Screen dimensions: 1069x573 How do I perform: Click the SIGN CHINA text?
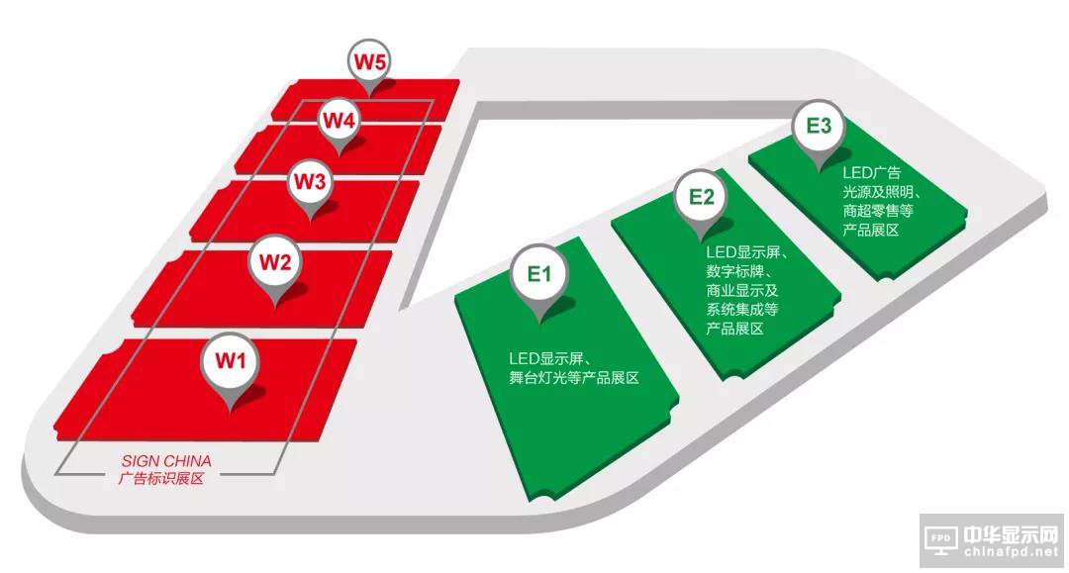click(x=166, y=461)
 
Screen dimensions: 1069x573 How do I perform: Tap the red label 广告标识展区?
click(x=161, y=478)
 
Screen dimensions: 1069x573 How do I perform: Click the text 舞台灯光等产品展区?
click(x=574, y=377)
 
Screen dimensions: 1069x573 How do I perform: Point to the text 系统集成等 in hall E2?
click(x=741, y=310)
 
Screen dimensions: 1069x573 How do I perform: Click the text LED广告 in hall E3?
click(x=871, y=173)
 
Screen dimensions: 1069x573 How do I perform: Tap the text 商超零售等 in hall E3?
click(x=878, y=211)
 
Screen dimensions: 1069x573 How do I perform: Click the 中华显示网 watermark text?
click(x=1011, y=535)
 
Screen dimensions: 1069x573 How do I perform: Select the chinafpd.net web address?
click(x=1012, y=552)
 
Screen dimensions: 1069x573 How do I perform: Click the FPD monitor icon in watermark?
click(x=941, y=540)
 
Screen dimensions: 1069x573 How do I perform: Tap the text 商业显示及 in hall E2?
click(x=741, y=290)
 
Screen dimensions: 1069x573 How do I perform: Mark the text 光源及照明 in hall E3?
click(x=877, y=192)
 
